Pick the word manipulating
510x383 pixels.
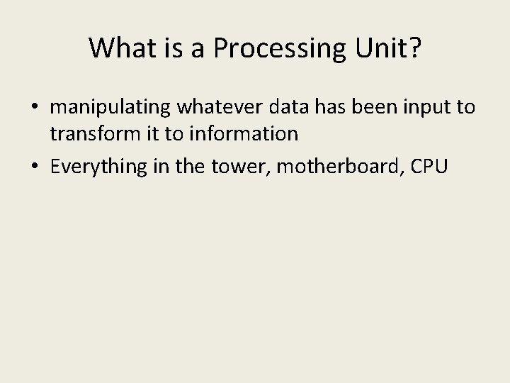click(110, 108)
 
